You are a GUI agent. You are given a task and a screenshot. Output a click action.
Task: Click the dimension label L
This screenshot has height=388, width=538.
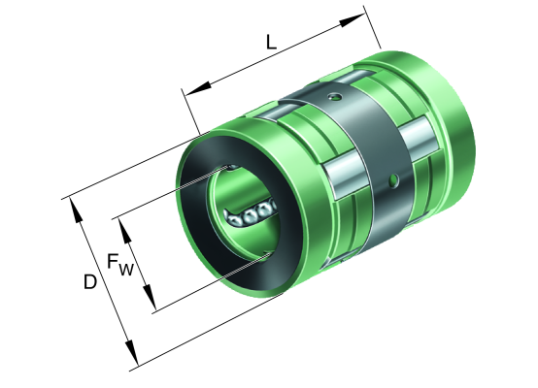point(271,43)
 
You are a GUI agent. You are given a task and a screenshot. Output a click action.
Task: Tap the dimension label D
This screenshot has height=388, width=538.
point(90,282)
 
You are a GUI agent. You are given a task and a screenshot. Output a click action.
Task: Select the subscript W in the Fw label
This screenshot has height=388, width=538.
point(126,270)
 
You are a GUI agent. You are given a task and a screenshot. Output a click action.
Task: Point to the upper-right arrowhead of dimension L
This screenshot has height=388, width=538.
point(353,20)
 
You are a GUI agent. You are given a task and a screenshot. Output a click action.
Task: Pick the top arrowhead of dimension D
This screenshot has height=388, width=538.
point(76,210)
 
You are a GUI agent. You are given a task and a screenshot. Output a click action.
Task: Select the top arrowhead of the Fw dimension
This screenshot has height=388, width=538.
point(125,232)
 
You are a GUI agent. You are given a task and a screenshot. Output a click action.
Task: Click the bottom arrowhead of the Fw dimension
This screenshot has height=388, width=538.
point(150,297)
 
